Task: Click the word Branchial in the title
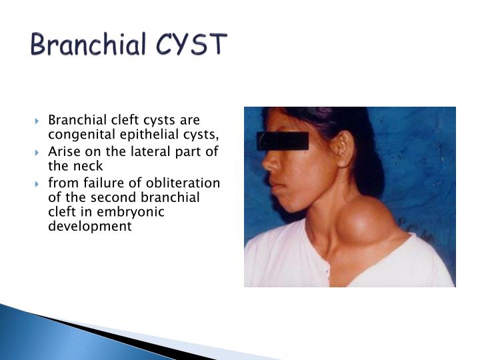pyautogui.click(x=88, y=45)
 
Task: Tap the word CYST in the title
pyautogui.click(x=191, y=45)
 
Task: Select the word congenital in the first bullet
pyautogui.click(x=83, y=135)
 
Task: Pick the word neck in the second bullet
pyautogui.click(x=88, y=166)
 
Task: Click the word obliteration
pyautogui.click(x=183, y=183)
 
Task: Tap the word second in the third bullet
pyautogui.click(x=114, y=197)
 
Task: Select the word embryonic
pyautogui.click(x=131, y=213)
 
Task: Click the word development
pyautogui.click(x=90, y=227)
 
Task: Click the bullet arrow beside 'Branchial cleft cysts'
pyautogui.click(x=37, y=121)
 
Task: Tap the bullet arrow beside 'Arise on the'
pyautogui.click(x=37, y=153)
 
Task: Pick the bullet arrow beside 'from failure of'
pyautogui.click(x=37, y=184)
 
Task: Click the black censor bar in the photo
pyautogui.click(x=283, y=141)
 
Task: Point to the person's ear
pyautogui.click(x=345, y=149)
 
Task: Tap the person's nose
pyautogui.click(x=269, y=162)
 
